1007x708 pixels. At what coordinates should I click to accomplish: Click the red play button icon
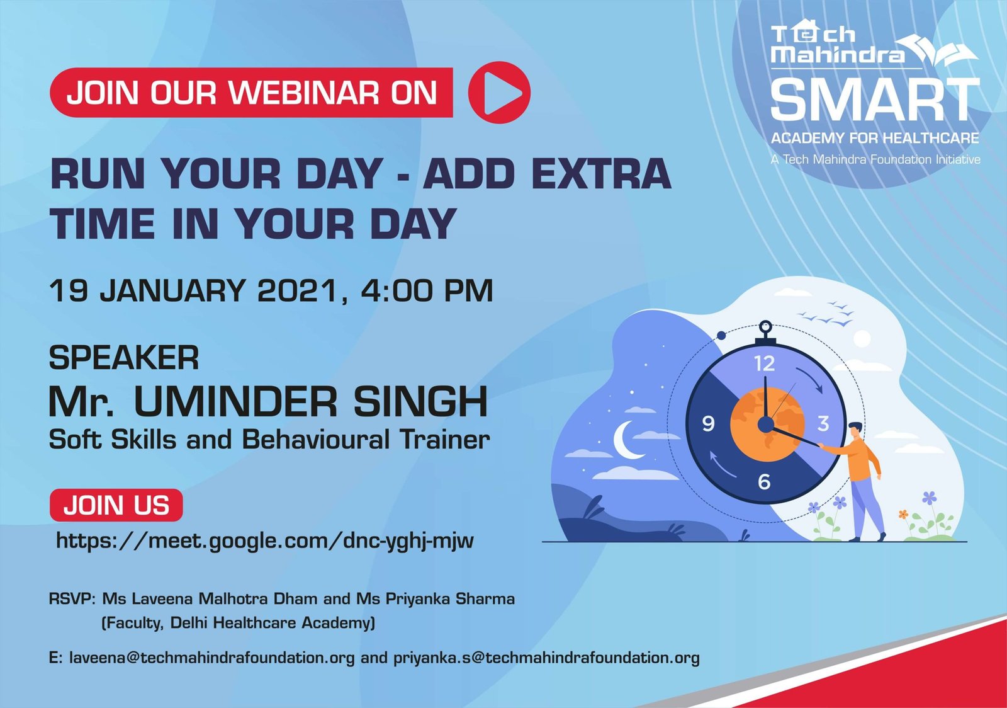click(x=499, y=92)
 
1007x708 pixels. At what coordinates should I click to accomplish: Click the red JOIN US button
click(x=116, y=505)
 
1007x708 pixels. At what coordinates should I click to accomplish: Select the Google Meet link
click(x=265, y=540)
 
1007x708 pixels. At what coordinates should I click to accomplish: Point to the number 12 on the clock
click(x=764, y=363)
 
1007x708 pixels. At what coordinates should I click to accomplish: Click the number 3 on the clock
click(x=823, y=423)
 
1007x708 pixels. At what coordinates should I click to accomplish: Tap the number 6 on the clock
click(x=764, y=482)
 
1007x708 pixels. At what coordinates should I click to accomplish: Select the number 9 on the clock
click(x=708, y=423)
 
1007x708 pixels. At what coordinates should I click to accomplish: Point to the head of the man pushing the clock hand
click(x=855, y=430)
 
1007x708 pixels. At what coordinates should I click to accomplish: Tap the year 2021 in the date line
click(x=296, y=290)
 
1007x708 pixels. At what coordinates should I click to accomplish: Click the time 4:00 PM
click(x=427, y=290)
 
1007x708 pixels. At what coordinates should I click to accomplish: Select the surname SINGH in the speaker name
click(x=420, y=401)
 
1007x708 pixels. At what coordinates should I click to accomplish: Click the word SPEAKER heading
click(x=123, y=358)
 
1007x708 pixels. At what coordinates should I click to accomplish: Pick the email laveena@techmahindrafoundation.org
click(x=211, y=658)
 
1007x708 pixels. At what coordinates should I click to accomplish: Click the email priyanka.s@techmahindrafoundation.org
click(x=547, y=658)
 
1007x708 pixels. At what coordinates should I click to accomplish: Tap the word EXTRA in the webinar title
click(x=602, y=174)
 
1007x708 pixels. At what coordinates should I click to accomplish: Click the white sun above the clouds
click(x=862, y=339)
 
